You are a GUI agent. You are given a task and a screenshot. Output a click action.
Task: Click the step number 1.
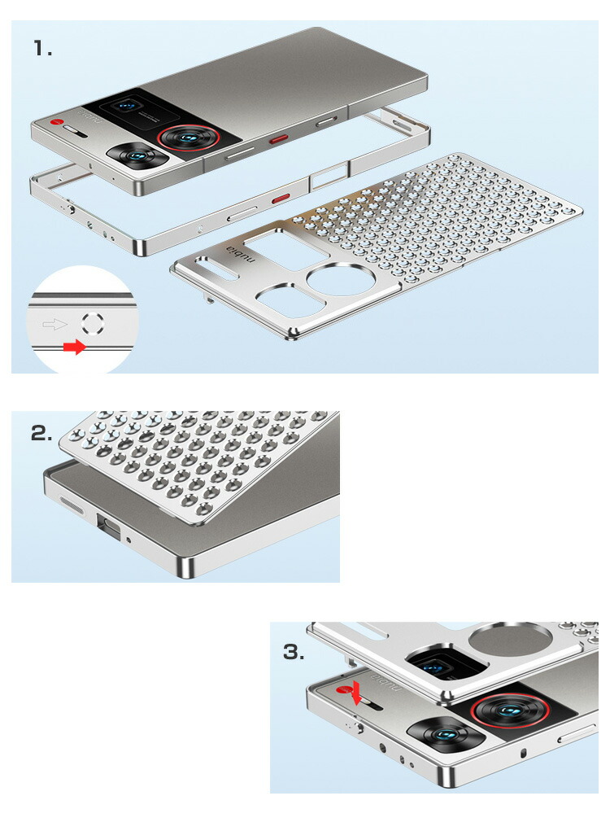[x=42, y=49]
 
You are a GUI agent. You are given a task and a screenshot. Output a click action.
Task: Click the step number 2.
[x=41, y=434]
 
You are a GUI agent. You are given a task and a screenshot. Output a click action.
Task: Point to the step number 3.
[x=294, y=652]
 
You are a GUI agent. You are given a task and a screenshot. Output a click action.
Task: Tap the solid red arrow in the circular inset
[x=74, y=347]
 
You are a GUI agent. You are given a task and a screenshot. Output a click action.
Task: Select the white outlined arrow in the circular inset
[x=54, y=324]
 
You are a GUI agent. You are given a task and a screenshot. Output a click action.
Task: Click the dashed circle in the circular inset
[x=93, y=323]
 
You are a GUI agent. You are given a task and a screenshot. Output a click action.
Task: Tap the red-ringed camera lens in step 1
[x=186, y=138]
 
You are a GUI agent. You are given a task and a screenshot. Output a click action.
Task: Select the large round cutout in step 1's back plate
[x=341, y=279]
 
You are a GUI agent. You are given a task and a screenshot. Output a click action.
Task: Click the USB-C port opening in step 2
[x=108, y=525]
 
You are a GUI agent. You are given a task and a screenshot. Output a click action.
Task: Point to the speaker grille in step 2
[x=72, y=506]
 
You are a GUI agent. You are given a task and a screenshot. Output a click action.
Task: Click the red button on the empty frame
[x=281, y=198]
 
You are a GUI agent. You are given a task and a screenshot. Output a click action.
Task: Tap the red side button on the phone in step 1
[x=279, y=139]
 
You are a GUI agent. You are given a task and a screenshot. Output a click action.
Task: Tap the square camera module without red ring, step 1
[x=137, y=156]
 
